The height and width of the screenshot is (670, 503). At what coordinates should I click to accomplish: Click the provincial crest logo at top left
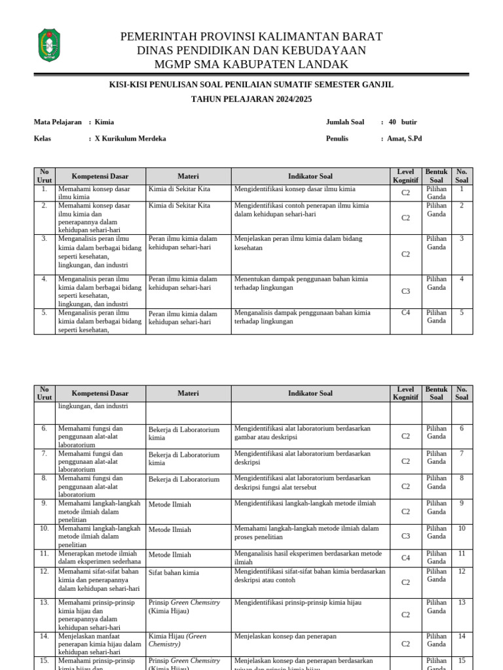(50, 45)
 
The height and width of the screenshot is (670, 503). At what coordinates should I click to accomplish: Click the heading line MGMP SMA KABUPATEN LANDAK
(251, 64)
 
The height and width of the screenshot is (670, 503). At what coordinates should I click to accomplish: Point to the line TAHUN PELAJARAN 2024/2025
(251, 99)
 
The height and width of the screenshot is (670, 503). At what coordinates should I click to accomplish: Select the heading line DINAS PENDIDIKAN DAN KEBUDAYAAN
(251, 50)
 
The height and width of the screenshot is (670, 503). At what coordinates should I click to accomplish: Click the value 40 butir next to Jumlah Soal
(402, 122)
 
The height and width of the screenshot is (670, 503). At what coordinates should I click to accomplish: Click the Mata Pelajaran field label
(58, 122)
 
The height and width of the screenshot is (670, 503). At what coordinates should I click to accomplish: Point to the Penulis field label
(337, 139)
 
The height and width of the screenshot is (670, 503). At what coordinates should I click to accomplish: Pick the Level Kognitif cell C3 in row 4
(405, 291)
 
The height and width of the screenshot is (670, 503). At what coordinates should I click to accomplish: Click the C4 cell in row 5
(405, 313)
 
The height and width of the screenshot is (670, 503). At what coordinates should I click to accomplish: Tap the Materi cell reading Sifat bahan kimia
(174, 573)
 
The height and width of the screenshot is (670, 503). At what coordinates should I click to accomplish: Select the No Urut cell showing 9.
(44, 503)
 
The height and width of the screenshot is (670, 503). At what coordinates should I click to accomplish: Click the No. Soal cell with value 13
(462, 603)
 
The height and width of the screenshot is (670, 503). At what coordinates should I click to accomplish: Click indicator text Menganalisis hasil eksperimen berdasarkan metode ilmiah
(307, 557)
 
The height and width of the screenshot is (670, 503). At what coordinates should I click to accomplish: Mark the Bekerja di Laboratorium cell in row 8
(184, 480)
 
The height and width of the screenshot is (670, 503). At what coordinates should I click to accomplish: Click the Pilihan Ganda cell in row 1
(436, 192)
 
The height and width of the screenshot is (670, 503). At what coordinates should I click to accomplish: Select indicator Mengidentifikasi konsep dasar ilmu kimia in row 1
(295, 189)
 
